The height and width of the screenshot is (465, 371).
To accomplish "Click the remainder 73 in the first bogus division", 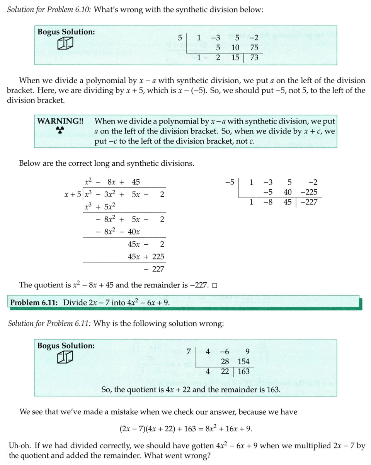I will [254, 58].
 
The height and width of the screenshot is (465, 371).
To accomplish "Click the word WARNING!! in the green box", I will [60, 121].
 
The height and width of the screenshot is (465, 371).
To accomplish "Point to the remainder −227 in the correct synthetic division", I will [310, 202].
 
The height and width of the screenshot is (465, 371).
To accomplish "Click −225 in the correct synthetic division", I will [309, 192].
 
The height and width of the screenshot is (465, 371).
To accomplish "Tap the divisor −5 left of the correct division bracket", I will [229, 182].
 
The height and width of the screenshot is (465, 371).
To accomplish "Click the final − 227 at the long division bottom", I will [154, 269].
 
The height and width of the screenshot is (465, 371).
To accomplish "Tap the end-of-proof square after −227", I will [214, 286].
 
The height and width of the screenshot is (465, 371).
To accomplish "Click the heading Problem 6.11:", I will [34, 302].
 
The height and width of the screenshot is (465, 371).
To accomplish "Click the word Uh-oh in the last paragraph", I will [19, 446].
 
